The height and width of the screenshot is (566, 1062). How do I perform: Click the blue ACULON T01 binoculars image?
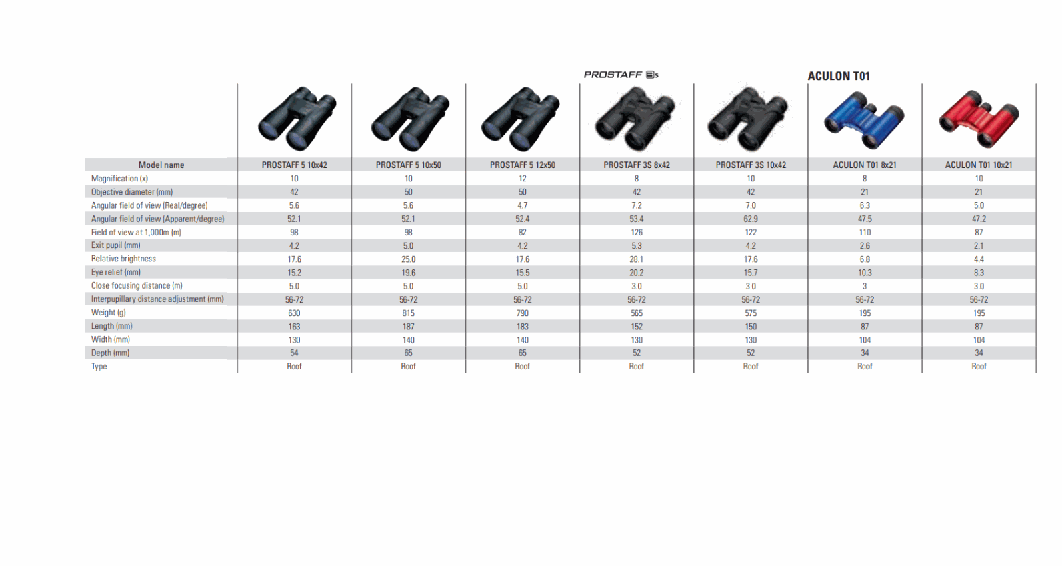click(864, 119)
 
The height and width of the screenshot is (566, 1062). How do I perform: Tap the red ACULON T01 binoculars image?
click(979, 119)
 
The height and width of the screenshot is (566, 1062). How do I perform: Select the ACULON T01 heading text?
click(839, 76)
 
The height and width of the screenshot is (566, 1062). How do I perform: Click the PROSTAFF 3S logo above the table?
click(621, 75)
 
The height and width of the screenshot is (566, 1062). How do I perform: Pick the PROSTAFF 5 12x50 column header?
click(522, 165)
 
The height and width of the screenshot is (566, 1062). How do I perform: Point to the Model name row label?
click(161, 165)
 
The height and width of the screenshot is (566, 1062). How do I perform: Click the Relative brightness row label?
click(123, 259)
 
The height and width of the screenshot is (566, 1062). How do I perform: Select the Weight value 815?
click(408, 313)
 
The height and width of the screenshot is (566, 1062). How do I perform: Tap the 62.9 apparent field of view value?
click(751, 219)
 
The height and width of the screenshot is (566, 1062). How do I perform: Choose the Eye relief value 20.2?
click(636, 273)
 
